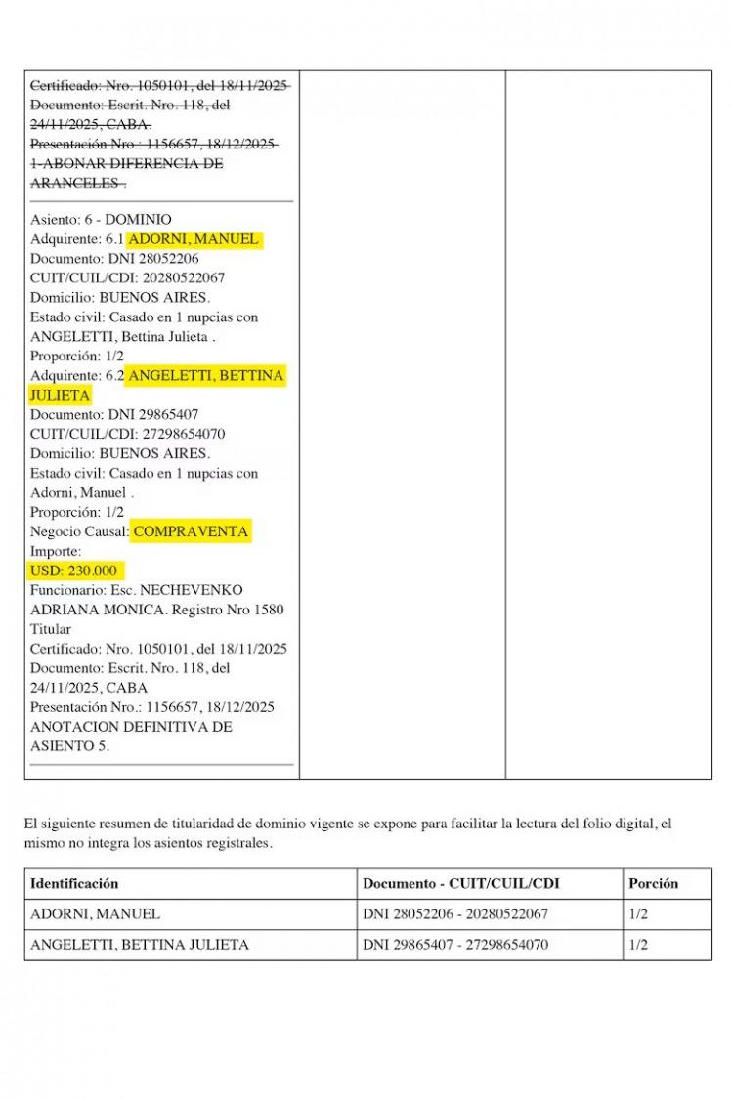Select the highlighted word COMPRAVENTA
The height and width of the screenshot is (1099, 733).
click(191, 531)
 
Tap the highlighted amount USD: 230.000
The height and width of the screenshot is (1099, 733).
click(76, 571)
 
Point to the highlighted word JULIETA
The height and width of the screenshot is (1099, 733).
click(60, 395)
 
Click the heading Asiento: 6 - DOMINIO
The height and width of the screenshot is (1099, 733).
click(101, 220)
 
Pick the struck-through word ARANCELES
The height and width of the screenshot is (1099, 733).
click(77, 183)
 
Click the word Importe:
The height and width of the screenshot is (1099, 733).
click(56, 551)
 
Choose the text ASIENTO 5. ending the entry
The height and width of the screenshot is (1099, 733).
click(69, 745)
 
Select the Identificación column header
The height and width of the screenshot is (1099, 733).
click(74, 883)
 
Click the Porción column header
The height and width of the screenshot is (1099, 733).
click(653, 883)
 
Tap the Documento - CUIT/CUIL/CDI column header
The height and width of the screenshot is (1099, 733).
click(461, 883)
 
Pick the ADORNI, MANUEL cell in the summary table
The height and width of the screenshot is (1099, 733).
click(95, 914)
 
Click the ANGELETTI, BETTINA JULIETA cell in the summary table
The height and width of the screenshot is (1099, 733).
click(139, 945)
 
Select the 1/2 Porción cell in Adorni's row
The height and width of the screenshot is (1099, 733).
click(639, 914)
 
